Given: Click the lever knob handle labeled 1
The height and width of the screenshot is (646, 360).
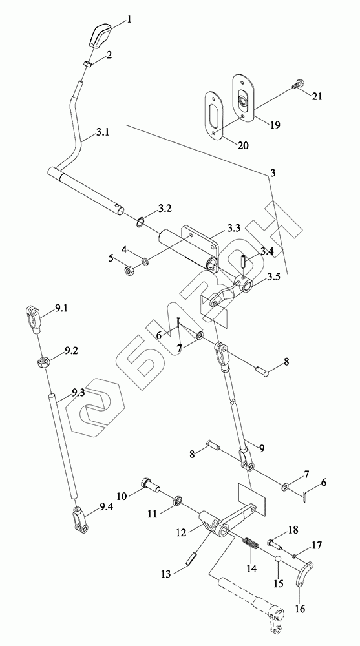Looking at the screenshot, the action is pyautogui.click(x=100, y=37).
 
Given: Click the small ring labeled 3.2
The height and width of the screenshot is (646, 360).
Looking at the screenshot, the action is pyautogui.click(x=140, y=222).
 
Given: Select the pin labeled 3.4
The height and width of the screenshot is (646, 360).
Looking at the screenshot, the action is pyautogui.click(x=244, y=263).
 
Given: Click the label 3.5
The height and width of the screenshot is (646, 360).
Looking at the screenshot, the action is pyautogui.click(x=273, y=277).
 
